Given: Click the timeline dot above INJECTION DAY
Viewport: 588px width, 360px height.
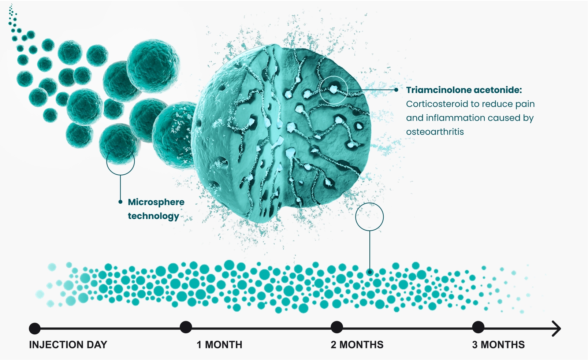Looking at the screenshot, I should (35, 328).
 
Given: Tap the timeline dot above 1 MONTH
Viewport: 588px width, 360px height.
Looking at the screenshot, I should (186, 327).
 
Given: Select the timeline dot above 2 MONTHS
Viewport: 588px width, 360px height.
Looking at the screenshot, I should (336, 327).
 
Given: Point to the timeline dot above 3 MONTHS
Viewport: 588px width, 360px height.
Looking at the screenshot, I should (478, 327).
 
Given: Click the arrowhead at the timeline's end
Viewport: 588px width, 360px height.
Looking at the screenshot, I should (557, 329).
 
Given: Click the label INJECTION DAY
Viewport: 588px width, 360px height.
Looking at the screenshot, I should (68, 345).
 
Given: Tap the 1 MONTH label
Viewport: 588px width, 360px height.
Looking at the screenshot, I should (219, 345).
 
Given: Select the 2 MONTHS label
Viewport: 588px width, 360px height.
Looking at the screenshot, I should (357, 345).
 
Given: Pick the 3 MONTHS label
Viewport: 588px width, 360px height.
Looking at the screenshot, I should (498, 345).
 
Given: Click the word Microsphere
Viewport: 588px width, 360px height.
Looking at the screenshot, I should (156, 202).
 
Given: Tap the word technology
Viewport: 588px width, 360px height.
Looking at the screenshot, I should (153, 216).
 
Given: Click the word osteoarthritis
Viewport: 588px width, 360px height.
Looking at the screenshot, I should (435, 132).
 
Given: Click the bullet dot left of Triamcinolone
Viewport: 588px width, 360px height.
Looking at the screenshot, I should (396, 90).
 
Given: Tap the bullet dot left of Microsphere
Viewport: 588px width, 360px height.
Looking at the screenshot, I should (120, 202).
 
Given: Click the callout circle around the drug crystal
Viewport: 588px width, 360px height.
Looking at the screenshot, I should (333, 90).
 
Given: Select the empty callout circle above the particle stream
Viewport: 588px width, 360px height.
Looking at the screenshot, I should (369, 217).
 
